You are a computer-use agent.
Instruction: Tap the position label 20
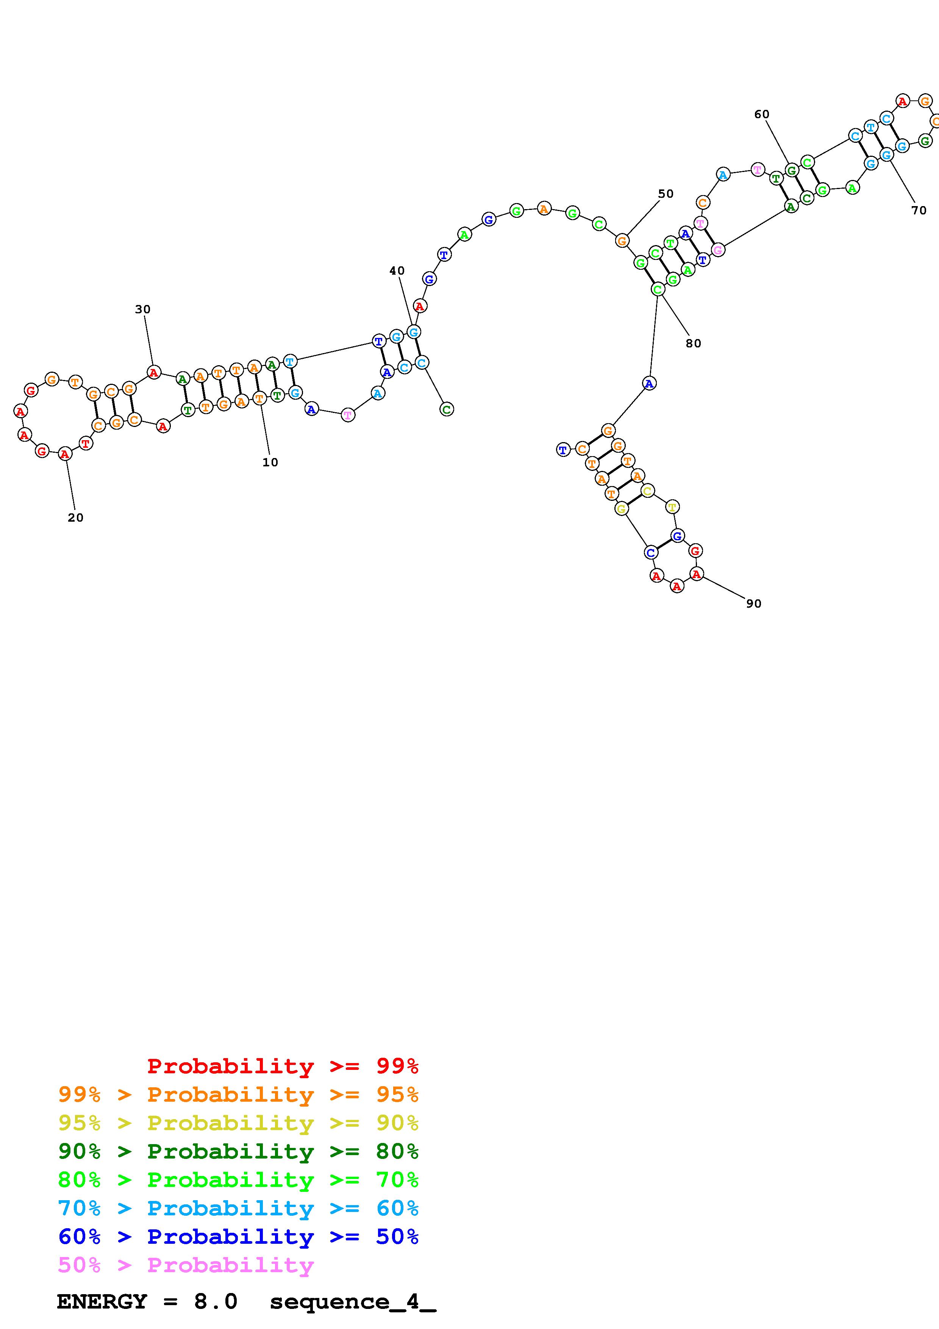pos(76,518)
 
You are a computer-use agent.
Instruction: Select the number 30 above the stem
pos(143,310)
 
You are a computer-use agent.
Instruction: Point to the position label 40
pos(397,271)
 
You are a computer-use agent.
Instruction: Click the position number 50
pos(666,194)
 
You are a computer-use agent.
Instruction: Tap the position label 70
pos(919,211)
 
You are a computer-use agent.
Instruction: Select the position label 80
pos(693,343)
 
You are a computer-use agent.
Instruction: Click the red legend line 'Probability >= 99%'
pos(283,1066)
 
